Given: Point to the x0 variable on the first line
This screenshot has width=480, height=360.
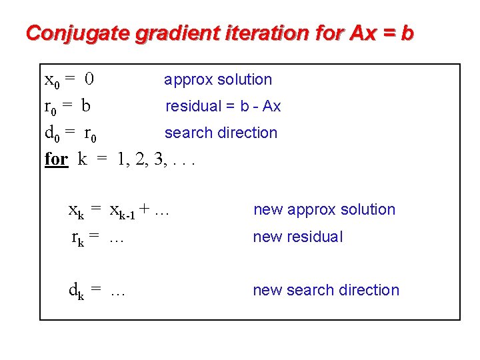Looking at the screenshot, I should coord(51,81).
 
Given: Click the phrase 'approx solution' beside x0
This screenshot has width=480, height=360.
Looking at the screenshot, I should coord(218,80).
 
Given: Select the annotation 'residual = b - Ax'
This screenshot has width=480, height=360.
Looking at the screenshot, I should coord(223,106).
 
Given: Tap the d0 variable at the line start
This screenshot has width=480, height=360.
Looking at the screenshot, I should coord(51,133).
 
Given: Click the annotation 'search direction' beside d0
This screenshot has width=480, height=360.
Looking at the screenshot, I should coord(221,133).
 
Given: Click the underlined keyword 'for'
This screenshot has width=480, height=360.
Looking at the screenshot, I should coord(56,159).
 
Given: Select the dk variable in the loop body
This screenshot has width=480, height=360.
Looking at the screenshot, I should coord(76,291).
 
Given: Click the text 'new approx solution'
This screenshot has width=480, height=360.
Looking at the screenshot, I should coord(324,210).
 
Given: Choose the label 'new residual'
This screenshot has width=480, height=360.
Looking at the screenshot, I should coord(298,237).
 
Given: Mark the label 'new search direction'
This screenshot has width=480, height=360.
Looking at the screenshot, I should coord(326,290).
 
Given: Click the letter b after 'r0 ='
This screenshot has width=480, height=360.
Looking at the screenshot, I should coord(86,106).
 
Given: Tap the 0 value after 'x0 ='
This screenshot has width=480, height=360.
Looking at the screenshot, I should coord(89,80).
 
